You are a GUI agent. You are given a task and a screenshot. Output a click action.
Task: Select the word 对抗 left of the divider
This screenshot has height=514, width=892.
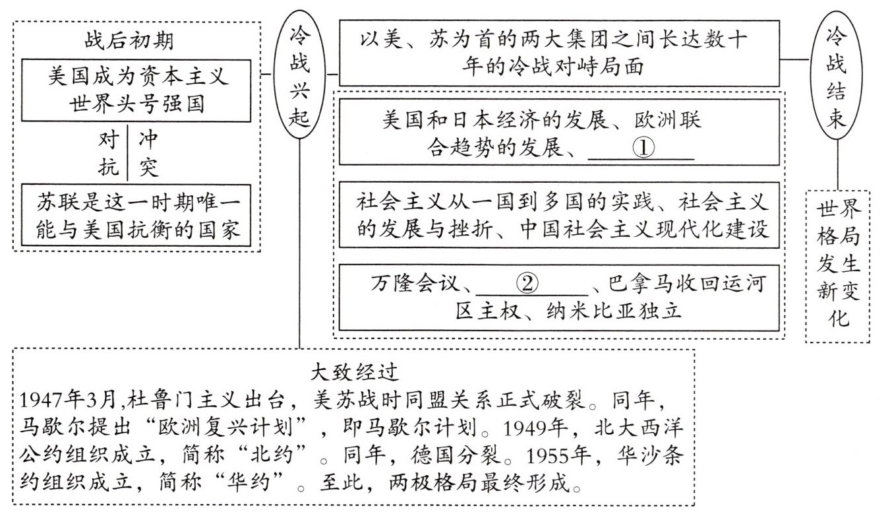point(108,154)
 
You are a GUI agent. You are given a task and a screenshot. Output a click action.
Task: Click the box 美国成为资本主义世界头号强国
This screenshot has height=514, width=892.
point(138,91)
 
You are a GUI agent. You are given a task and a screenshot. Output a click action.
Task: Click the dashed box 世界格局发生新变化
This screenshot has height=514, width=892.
point(837,266)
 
